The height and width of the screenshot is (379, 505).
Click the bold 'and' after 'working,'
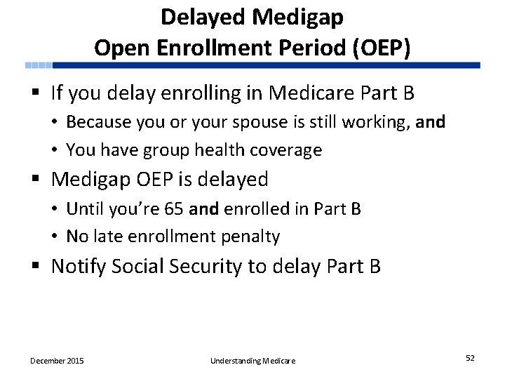(x=431, y=122)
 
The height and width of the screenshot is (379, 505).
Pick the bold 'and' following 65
(x=203, y=208)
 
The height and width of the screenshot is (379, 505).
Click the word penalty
(x=251, y=237)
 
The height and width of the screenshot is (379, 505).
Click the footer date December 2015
(x=57, y=361)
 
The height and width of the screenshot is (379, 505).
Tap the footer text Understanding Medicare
(x=252, y=361)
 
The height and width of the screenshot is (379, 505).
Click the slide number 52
(x=470, y=358)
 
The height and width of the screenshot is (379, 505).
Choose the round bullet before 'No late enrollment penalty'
(x=55, y=237)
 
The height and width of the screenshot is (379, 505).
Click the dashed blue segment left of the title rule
(x=39, y=65)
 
